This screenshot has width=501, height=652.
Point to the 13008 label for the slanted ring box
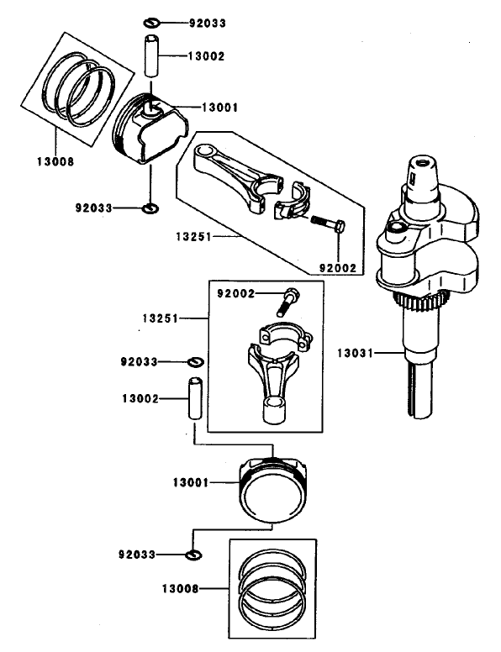[55, 158]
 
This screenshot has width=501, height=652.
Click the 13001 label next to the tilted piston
[219, 107]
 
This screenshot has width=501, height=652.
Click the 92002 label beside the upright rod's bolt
[237, 293]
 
